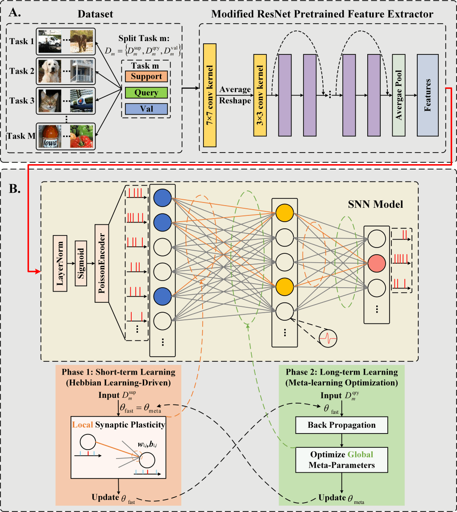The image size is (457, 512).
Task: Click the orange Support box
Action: click(146, 76)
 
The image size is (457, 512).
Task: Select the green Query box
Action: click(146, 93)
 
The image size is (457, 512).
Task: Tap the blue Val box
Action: click(146, 109)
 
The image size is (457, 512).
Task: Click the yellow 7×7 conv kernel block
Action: click(209, 95)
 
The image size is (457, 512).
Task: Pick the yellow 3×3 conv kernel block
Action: click(260, 95)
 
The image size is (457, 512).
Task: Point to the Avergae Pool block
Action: click(399, 95)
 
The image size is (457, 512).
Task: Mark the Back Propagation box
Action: click(341, 425)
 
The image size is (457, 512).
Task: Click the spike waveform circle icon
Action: click(328, 336)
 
